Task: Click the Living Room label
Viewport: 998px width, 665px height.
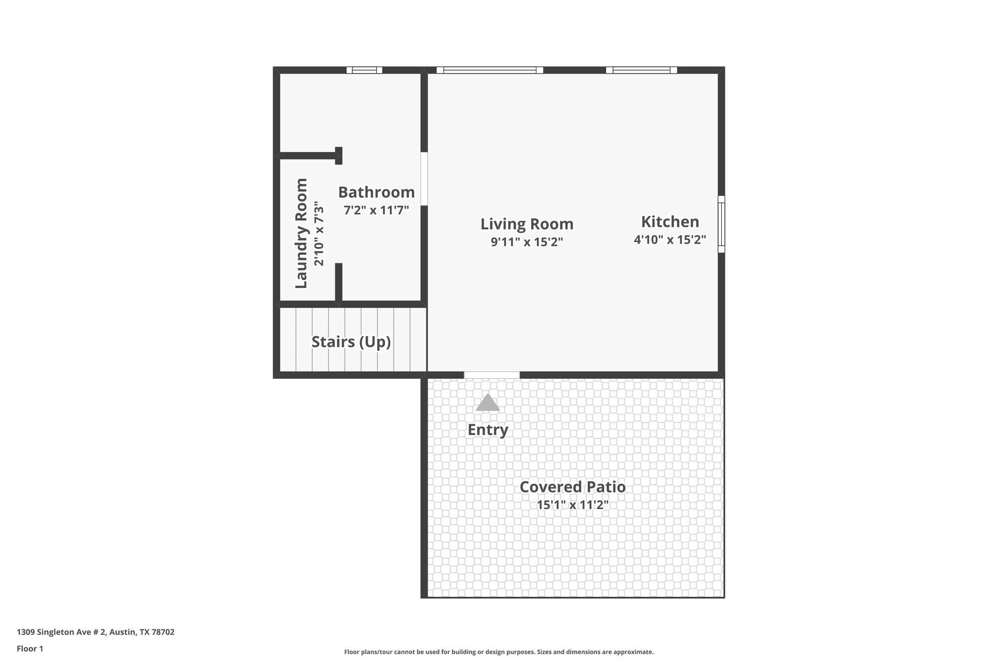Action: click(527, 224)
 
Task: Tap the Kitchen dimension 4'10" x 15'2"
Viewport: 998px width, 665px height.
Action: click(670, 240)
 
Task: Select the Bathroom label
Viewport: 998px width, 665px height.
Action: click(376, 192)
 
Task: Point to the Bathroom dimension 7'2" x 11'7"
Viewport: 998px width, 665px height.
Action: click(376, 210)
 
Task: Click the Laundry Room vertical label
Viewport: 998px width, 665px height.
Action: click(302, 233)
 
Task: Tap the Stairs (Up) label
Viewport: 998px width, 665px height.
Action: click(351, 342)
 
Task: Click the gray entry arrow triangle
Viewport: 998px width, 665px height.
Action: click(488, 403)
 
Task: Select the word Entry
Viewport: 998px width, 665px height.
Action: click(488, 430)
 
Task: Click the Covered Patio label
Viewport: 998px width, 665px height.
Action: click(573, 487)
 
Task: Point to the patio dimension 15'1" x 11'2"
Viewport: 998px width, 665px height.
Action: click(573, 505)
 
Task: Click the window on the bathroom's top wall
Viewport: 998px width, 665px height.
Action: click(365, 70)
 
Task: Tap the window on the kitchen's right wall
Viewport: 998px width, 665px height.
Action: click(721, 224)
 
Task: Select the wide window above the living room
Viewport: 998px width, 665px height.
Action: click(490, 70)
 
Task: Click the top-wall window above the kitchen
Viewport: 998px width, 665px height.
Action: click(641, 70)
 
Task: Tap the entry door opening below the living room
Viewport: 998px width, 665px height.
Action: click(492, 375)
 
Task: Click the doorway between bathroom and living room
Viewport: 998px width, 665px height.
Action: click(424, 179)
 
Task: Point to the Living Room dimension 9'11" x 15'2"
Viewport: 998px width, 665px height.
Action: click(527, 242)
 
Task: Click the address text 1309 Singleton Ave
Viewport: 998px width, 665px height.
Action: click(96, 632)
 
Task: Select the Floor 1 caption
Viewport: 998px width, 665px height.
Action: click(30, 649)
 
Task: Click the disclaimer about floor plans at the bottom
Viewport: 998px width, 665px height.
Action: click(499, 652)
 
